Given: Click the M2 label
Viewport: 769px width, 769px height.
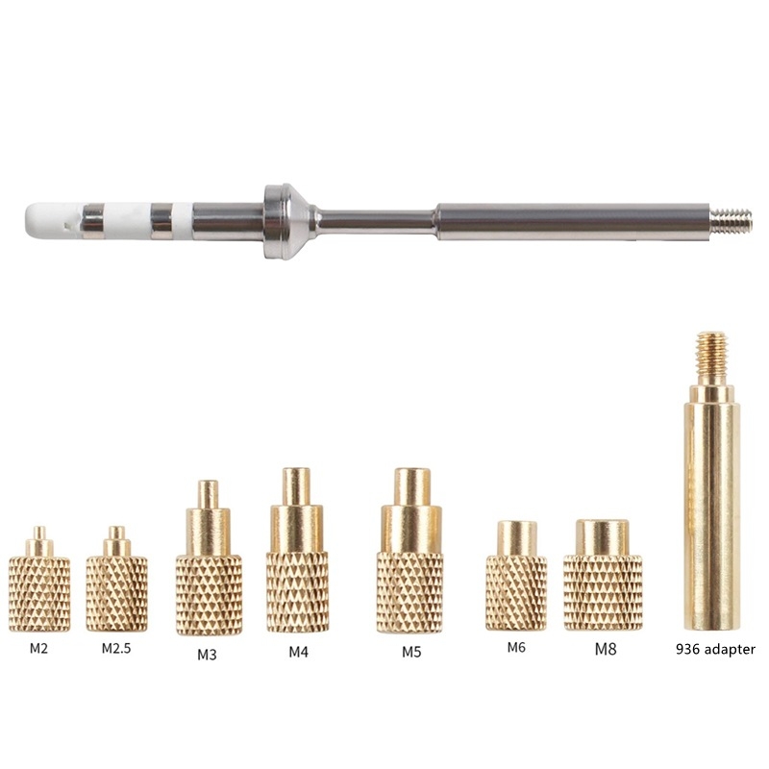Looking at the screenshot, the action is (38, 648).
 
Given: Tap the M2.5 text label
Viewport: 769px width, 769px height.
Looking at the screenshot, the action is (116, 648).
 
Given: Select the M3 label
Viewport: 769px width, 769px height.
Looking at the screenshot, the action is (207, 655).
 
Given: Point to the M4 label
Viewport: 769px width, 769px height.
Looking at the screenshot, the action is (298, 652).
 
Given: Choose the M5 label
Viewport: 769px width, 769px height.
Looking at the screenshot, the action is (411, 652).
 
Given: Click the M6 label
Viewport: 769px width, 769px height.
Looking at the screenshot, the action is (516, 647).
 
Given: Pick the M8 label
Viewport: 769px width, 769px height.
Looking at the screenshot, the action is (606, 650).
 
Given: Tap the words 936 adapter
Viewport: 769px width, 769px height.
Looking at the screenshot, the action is (715, 650).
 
